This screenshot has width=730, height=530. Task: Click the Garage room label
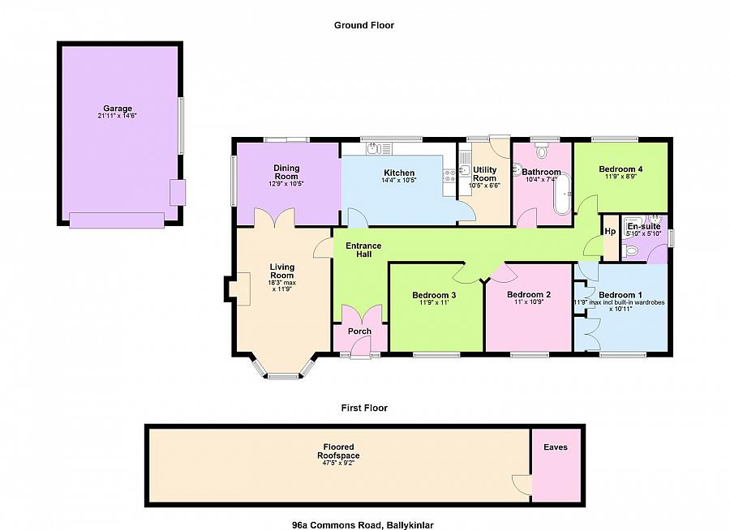[118, 109]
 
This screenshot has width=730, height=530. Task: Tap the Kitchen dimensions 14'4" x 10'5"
[399, 180]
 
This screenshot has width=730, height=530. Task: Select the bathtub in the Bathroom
[562, 194]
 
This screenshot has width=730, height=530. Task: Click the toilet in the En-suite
[629, 251]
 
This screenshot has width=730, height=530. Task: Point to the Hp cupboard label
[610, 231]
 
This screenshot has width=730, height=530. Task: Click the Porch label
[359, 331]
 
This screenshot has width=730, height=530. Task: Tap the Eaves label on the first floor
[556, 447]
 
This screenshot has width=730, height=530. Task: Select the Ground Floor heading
[364, 25]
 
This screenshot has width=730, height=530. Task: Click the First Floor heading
[364, 408]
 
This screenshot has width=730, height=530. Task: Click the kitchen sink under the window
[379, 149]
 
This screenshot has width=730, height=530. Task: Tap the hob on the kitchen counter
[449, 176]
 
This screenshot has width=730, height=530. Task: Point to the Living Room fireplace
[238, 289]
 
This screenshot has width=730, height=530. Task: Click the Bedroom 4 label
[620, 169]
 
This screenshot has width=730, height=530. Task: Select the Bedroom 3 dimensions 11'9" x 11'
[434, 302]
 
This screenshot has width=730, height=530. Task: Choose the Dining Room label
[286, 172]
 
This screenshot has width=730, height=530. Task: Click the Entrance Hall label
[363, 250]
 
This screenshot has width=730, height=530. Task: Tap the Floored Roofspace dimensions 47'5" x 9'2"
[338, 463]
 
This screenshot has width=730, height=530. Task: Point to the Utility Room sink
[465, 170]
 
